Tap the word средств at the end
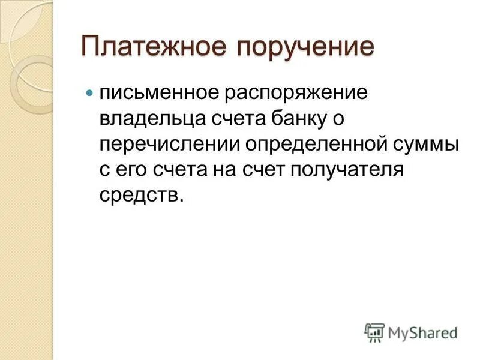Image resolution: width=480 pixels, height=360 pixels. click(x=140, y=196)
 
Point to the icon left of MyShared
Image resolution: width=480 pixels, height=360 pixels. click(x=374, y=332)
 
